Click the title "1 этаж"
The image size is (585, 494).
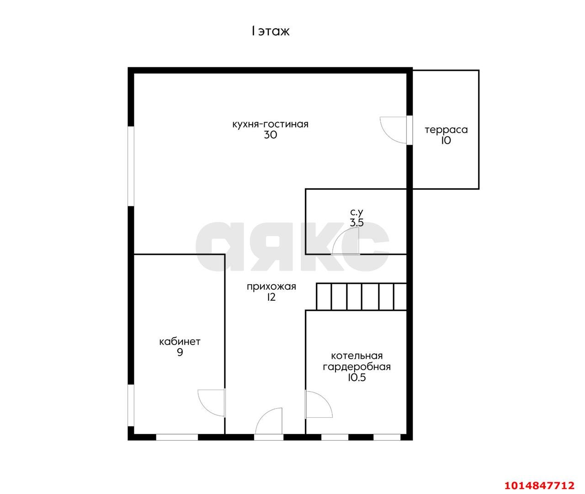click(271, 31)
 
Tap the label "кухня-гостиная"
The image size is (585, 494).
click(271, 124)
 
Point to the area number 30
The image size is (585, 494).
click(271, 135)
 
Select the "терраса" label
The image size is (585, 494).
click(447, 130)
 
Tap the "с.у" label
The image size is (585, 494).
click(356, 212)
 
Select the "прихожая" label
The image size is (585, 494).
click(271, 287)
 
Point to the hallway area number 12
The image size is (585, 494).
click(271, 297)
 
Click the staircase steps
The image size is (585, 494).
click(362, 297)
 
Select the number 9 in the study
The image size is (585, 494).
click(180, 352)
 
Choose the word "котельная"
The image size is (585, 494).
click(356, 356)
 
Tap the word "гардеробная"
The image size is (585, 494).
click(356, 367)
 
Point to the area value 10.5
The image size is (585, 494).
click(356, 377)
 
